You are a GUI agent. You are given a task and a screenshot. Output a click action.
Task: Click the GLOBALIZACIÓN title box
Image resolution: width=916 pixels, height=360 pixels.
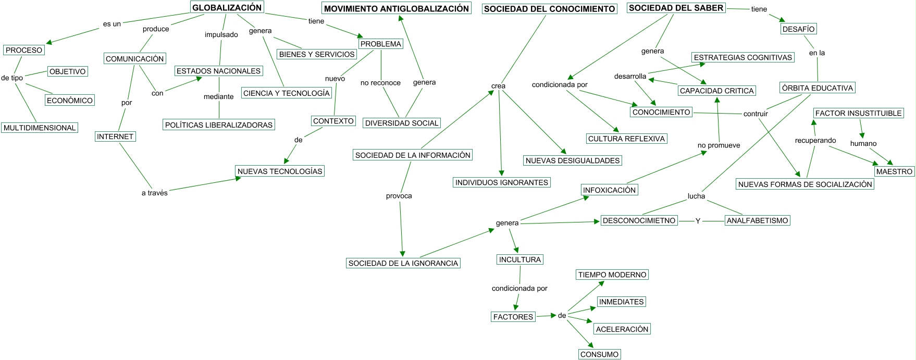click(x=227, y=7)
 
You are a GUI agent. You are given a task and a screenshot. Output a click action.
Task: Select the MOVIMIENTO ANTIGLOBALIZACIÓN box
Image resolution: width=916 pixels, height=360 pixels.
click(x=397, y=8)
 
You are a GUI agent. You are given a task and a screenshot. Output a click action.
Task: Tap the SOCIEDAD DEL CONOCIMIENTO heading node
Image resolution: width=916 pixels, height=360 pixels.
click(x=549, y=8)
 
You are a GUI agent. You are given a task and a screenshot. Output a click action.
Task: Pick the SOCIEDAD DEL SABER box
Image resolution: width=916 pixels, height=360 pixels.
click(x=676, y=8)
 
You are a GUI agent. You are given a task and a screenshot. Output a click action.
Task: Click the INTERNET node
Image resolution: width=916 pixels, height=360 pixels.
click(x=115, y=136)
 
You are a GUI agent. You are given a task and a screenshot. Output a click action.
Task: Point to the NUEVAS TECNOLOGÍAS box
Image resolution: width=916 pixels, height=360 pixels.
click(x=280, y=171)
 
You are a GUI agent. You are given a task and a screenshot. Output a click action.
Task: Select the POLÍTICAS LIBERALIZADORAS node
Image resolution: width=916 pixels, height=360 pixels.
click(x=219, y=125)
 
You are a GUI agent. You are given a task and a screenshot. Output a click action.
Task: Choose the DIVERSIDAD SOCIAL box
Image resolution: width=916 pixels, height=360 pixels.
click(x=402, y=123)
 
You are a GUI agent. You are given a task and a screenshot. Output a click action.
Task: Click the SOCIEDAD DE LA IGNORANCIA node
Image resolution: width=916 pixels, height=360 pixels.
click(x=403, y=263)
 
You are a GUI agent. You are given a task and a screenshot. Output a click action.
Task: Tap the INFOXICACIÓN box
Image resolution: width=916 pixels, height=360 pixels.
click(x=610, y=190)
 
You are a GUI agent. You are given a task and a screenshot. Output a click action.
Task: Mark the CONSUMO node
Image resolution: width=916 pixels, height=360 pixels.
click(x=600, y=354)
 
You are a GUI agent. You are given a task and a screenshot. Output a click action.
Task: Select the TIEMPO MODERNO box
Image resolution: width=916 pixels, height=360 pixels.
click(x=612, y=275)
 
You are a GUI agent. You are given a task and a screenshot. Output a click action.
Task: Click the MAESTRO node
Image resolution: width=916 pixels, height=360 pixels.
click(x=895, y=171)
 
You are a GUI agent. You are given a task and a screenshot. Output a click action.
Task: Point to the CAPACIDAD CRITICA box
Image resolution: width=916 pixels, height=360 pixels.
click(x=717, y=91)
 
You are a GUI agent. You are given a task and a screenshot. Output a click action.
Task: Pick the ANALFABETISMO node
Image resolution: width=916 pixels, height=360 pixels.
click(x=758, y=220)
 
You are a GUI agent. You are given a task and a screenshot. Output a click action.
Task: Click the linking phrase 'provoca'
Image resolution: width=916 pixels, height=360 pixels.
click(x=399, y=196)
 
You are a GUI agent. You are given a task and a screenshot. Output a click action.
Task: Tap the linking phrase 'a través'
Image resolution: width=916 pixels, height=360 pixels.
click(x=155, y=193)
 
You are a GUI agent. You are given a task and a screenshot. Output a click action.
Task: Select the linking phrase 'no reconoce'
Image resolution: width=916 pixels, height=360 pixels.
click(x=380, y=83)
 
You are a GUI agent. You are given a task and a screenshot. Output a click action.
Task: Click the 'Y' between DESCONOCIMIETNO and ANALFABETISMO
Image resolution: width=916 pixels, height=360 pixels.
click(x=698, y=221)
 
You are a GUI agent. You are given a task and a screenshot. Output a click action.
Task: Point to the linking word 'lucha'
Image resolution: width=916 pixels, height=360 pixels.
click(x=696, y=196)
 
